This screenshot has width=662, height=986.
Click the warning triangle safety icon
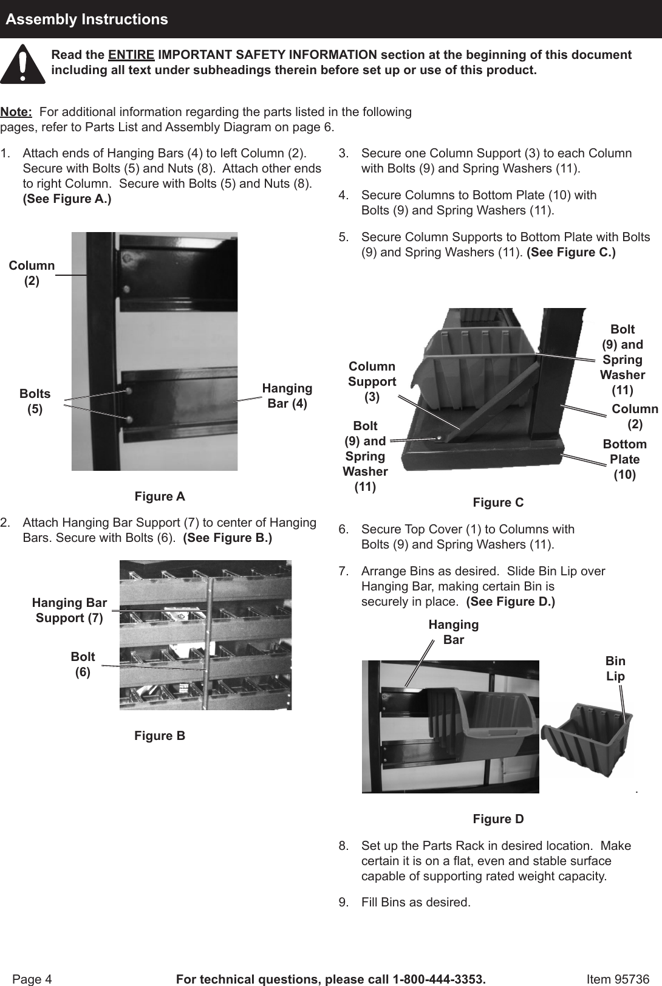[x=22, y=64]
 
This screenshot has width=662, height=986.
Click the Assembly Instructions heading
[x=87, y=19]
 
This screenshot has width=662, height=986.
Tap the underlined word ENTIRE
[x=131, y=55]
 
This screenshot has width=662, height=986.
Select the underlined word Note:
[x=16, y=112]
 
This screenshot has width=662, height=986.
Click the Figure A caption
[x=160, y=496]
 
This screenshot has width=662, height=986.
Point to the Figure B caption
[x=160, y=736]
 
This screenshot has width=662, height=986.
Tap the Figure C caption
[x=498, y=502]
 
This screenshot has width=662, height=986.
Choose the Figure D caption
[x=498, y=819]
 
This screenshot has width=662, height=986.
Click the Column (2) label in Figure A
[x=32, y=273]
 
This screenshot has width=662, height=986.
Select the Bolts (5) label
[x=35, y=401]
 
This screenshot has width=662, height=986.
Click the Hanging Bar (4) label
[x=287, y=395]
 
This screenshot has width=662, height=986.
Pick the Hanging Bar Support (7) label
[x=69, y=610]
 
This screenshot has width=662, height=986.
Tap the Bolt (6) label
[x=83, y=664]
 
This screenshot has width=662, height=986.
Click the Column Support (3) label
[x=372, y=382]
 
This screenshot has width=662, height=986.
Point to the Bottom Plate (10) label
[x=624, y=459]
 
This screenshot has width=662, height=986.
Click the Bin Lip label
[x=615, y=668]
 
